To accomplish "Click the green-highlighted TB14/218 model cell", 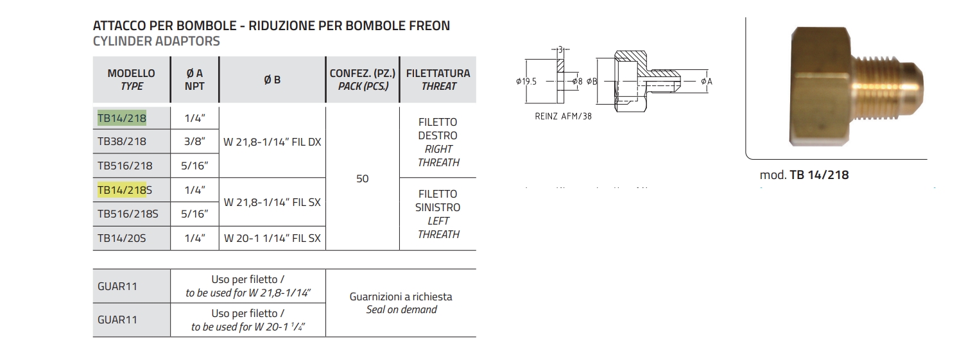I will (x=122, y=118).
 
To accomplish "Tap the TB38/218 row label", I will (x=122, y=142).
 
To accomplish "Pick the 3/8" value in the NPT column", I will (x=194, y=142).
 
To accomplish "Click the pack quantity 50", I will (x=363, y=178).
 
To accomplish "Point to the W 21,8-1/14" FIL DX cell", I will (x=272, y=142).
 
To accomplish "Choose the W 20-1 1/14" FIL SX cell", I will (x=272, y=238).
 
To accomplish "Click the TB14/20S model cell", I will (x=122, y=238).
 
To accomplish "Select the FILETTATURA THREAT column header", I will (x=438, y=80).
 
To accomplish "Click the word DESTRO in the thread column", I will (x=438, y=135).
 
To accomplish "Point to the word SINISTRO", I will (x=438, y=208).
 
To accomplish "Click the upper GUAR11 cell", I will (x=117, y=286).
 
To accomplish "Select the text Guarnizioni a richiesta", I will (x=401, y=296).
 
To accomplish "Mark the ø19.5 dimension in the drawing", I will (x=526, y=81).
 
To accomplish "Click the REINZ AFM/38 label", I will (x=563, y=117).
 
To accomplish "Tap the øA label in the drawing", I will (x=707, y=81).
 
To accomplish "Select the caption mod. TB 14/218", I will (x=804, y=175).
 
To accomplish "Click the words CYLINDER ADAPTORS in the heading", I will (x=157, y=41).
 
